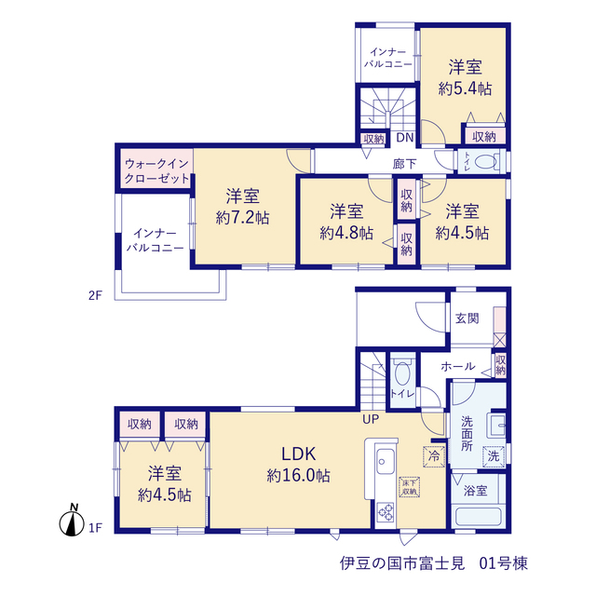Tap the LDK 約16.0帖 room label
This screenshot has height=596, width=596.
(298, 465)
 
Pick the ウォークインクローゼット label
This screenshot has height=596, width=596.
(157, 170)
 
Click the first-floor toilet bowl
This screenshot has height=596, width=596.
(402, 373)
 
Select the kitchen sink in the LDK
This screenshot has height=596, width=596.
(386, 461)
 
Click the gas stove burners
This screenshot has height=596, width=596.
(386, 511)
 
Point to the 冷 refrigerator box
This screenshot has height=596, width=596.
(434, 456)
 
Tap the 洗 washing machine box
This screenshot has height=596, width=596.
(494, 456)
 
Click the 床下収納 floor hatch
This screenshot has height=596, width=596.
(410, 487)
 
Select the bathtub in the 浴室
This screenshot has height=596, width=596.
(478, 516)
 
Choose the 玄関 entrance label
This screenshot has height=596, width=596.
(467, 318)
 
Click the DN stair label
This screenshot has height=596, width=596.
(405, 137)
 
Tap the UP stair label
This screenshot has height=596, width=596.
(371, 419)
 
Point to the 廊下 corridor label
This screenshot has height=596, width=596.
(405, 164)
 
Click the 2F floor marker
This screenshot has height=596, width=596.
(95, 295)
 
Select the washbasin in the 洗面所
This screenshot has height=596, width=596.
(497, 426)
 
